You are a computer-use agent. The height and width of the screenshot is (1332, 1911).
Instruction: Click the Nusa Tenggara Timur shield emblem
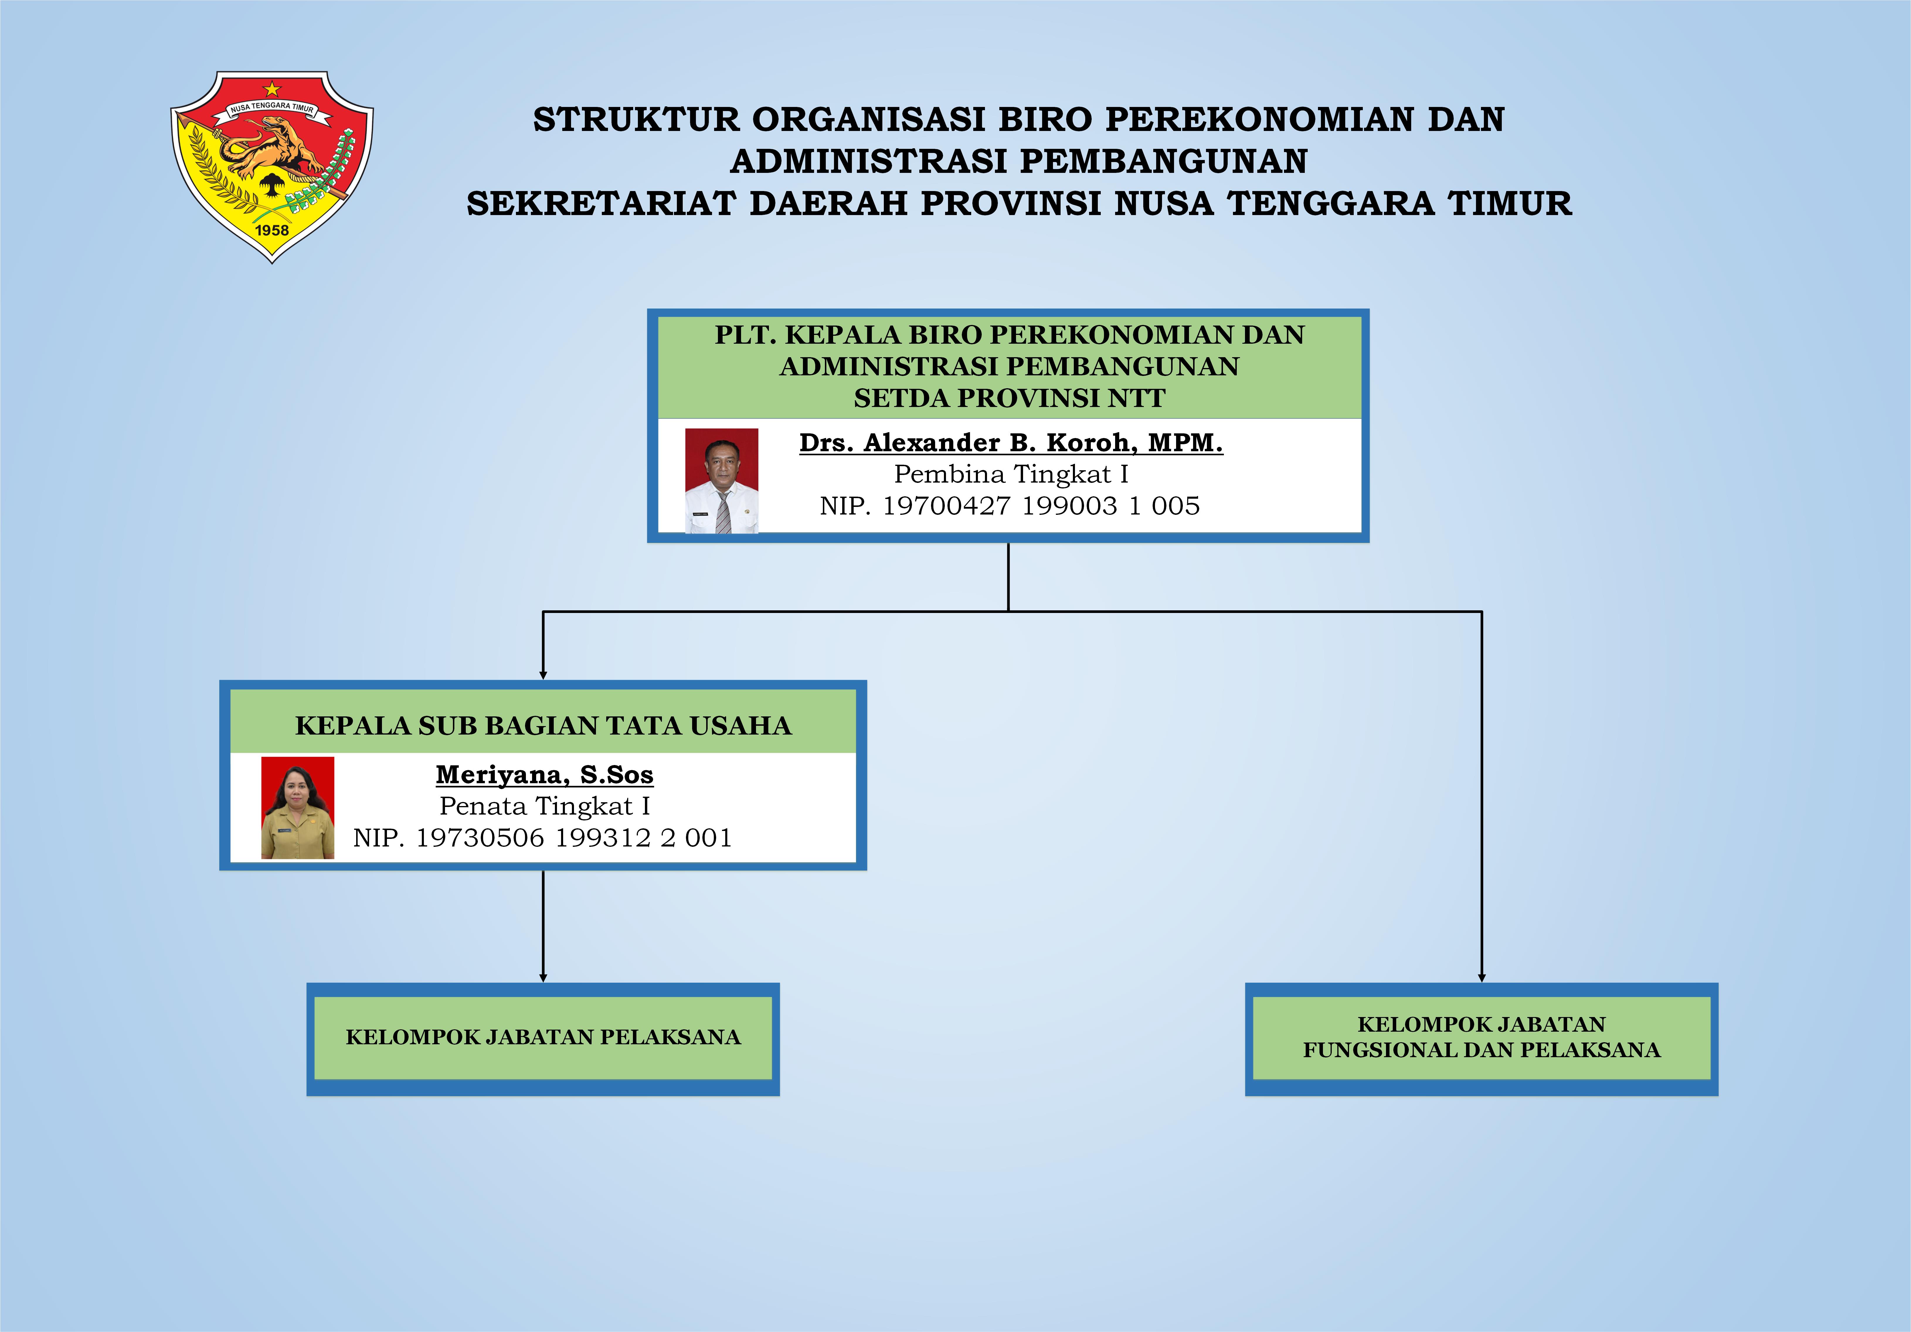point(272,166)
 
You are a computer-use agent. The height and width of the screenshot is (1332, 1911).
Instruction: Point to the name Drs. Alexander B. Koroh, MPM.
point(1010,443)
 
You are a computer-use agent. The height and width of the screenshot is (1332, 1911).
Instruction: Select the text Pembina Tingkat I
point(1010,474)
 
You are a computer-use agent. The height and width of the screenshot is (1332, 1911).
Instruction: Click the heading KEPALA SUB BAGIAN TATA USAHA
point(543,725)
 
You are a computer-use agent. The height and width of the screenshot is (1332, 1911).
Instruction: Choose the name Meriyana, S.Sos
point(544,775)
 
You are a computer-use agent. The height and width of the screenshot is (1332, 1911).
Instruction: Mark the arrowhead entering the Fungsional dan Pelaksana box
point(1482,977)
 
